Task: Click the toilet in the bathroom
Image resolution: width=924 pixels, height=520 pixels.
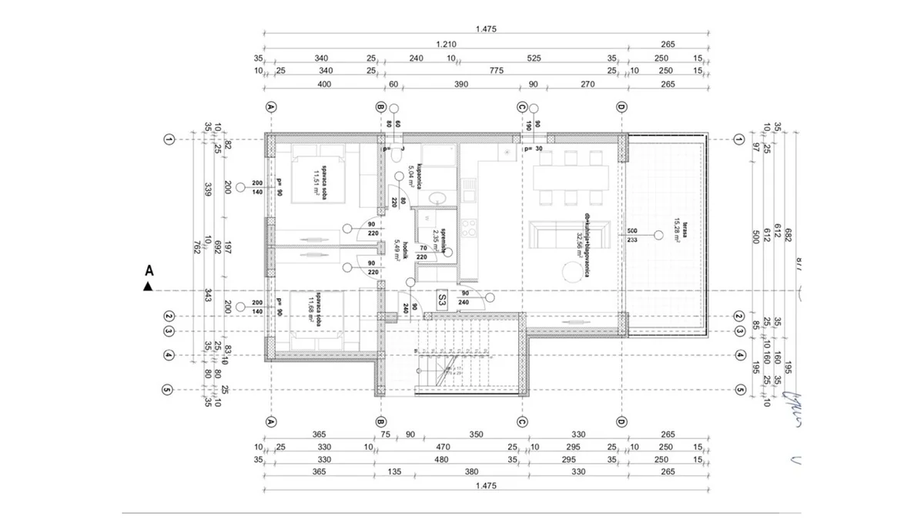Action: pyautogui.click(x=396, y=153)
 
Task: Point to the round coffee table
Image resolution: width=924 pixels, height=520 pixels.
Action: pyautogui.click(x=574, y=272)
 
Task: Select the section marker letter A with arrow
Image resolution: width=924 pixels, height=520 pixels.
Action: pyautogui.click(x=148, y=277)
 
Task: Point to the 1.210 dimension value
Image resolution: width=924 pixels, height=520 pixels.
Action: pyautogui.click(x=446, y=44)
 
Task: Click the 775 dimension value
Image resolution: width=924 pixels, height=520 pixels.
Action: pyautogui.click(x=496, y=71)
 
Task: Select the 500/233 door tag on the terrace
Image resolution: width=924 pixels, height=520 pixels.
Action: pyautogui.click(x=633, y=235)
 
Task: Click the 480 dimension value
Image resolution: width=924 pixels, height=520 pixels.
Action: pyautogui.click(x=441, y=460)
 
